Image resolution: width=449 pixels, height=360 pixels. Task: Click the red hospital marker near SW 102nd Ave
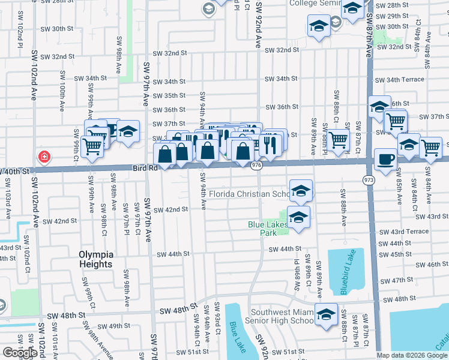pos(44,158)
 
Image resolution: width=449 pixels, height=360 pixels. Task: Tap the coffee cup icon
pos(385,160)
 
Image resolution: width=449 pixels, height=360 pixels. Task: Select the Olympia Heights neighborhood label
pos(95,259)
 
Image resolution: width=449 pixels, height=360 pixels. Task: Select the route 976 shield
pos(256,165)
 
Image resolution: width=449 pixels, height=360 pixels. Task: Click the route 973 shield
pos(368,179)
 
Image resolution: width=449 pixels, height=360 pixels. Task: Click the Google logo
pos(20,353)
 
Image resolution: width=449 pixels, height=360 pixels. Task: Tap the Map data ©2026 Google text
pos(412,355)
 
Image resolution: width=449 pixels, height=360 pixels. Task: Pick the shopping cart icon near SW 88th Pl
pos(339,140)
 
